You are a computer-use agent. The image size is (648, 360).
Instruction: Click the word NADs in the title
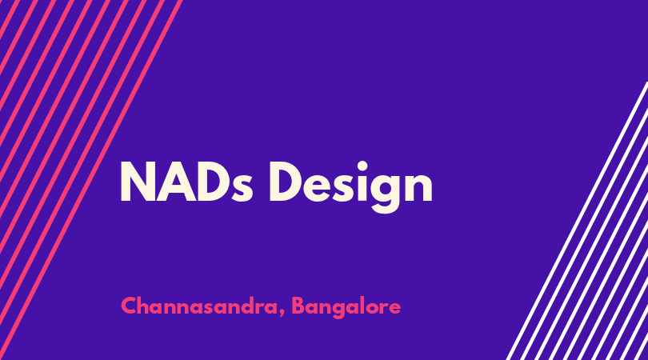pyautogui.click(x=186, y=182)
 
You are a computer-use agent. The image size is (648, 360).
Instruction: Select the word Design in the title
pyautogui.click(x=351, y=187)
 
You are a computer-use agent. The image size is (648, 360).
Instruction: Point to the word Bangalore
pyautogui.click(x=346, y=307)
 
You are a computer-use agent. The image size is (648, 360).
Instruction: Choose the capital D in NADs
pyautogui.click(x=213, y=182)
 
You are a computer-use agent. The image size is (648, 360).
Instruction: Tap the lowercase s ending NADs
pyautogui.click(x=242, y=188)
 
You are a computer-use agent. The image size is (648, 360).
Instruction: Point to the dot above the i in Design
pyautogui.click(x=362, y=166)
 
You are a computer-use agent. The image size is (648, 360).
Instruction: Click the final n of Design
pyautogui.click(x=418, y=187)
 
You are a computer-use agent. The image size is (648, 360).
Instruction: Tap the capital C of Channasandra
pyautogui.click(x=130, y=306)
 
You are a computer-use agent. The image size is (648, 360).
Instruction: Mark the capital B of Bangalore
pyautogui.click(x=298, y=306)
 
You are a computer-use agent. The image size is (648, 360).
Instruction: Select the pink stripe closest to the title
pyautogui.click(x=90, y=180)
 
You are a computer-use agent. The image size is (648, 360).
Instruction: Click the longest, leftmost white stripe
pyautogui.click(x=577, y=221)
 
